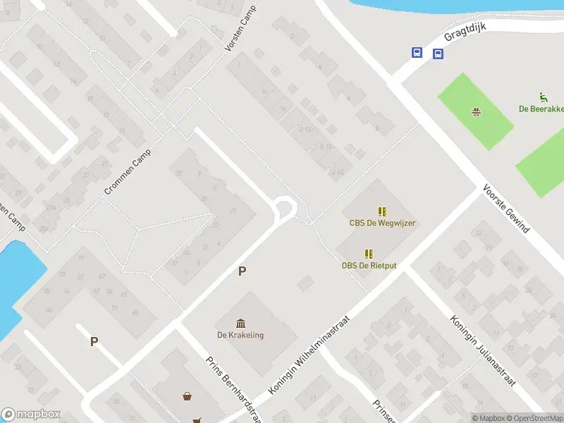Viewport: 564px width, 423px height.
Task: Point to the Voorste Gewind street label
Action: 505,209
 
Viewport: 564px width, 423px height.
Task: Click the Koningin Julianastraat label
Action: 483,351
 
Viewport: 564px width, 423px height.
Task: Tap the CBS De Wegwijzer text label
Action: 382,223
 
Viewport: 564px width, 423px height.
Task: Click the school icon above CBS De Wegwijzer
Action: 382,211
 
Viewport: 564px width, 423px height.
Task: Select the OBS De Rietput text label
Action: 368,265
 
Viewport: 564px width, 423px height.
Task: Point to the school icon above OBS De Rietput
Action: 368,253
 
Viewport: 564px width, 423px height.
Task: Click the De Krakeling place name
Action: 240,335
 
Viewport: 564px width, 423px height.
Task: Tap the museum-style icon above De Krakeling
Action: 240,323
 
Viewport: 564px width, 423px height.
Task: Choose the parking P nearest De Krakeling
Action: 243,271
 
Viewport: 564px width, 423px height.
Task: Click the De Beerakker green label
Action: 541,109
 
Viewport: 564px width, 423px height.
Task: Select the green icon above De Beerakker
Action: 542,97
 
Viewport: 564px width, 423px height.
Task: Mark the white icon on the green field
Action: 477,111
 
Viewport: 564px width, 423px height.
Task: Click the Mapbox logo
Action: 31,415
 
